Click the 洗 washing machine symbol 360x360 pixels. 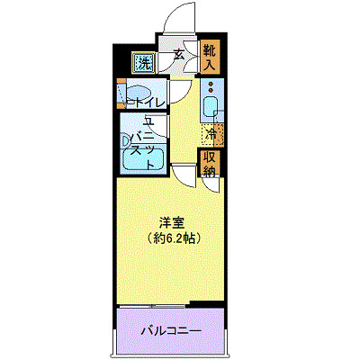(143, 63)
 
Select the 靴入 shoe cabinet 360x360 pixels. (210, 56)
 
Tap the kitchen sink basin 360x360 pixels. (211, 108)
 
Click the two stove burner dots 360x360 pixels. (211, 87)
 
